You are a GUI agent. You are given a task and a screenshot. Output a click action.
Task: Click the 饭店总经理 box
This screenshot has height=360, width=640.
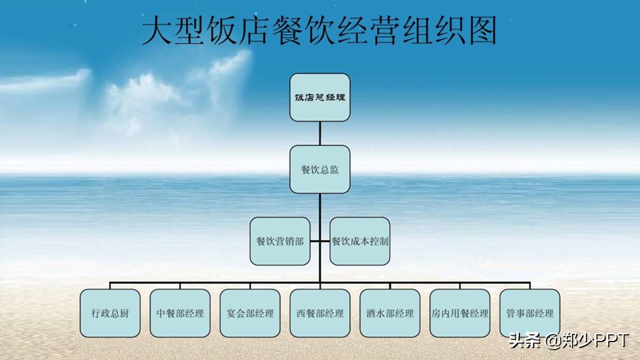[x=319, y=97]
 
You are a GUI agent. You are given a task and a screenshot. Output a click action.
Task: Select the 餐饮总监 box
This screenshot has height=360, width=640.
[x=319, y=169]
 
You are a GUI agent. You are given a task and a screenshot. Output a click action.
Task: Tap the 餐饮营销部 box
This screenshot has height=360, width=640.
[x=280, y=241]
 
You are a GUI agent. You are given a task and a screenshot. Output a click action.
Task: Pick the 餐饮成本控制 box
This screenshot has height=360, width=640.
[x=360, y=241]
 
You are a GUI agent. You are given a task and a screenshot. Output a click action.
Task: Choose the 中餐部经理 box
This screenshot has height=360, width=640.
[x=180, y=313]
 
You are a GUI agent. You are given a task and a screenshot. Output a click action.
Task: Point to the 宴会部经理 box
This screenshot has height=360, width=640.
[x=250, y=313]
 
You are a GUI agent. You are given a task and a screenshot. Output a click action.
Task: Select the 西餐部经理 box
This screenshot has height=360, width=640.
[x=319, y=313]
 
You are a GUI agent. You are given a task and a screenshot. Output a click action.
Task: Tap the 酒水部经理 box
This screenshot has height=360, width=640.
[x=390, y=313]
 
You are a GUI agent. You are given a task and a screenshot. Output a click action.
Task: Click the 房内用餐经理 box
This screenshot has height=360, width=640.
[x=460, y=313]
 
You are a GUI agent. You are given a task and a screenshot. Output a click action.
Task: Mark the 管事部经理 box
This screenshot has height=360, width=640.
[x=530, y=313]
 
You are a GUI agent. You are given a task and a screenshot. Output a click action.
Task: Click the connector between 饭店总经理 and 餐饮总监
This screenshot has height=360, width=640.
[x=319, y=133]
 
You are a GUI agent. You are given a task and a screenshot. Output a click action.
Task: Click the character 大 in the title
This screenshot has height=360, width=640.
[x=156, y=30]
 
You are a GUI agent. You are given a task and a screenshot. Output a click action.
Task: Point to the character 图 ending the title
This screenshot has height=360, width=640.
[x=481, y=30]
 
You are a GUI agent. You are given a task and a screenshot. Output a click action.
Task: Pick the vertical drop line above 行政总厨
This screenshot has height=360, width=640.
[x=110, y=286]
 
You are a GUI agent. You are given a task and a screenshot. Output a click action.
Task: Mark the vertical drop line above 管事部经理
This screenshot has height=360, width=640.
[x=530, y=286]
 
